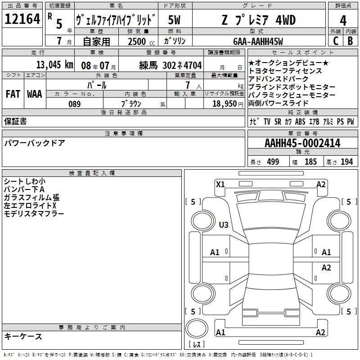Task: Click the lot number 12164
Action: (x=22, y=19)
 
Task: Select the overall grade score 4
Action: (x=343, y=20)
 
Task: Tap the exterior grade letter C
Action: (x=336, y=41)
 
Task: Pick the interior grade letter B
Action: (x=350, y=41)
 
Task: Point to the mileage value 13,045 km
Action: (x=54, y=65)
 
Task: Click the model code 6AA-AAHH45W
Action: (x=258, y=41)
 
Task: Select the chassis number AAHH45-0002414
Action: (x=302, y=143)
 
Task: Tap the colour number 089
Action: (x=75, y=104)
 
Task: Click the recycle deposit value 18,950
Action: (x=225, y=104)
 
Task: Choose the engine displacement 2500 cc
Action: (x=141, y=41)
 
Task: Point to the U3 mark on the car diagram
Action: (x=224, y=225)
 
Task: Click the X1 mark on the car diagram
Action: (x=220, y=184)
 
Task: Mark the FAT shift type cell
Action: (x=13, y=94)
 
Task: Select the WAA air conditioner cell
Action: (x=35, y=94)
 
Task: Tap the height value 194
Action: (x=346, y=162)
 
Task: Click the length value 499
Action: (x=273, y=162)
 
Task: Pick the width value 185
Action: (x=310, y=162)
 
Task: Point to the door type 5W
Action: (x=174, y=20)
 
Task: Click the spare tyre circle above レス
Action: (x=197, y=328)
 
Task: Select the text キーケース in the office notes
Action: (x=23, y=336)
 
